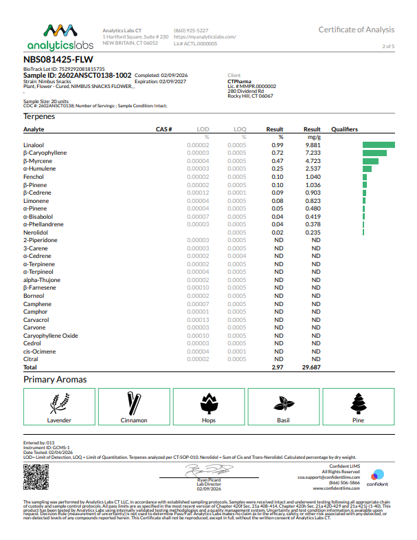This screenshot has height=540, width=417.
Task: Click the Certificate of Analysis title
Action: pyautogui.click(x=356, y=30)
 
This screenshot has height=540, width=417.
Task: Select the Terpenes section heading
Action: pyautogui.click(x=39, y=116)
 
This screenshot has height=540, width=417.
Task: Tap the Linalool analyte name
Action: pyautogui.click(x=34, y=145)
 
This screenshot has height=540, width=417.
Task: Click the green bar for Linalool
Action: pyautogui.click(x=379, y=145)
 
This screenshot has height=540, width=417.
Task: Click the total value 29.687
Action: pyautogui.click(x=311, y=368)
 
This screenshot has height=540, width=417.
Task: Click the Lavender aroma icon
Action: pyautogui.click(x=59, y=402)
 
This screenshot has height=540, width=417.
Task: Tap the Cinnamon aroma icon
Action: pyautogui.click(x=134, y=402)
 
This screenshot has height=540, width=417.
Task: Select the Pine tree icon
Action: pyautogui.click(x=358, y=402)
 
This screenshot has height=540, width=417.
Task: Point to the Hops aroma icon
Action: pyautogui.click(x=208, y=402)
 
